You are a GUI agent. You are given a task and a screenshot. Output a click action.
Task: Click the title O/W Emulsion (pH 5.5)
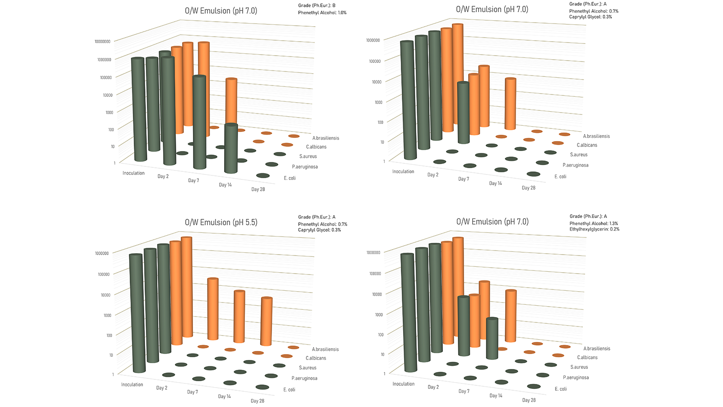[221, 222]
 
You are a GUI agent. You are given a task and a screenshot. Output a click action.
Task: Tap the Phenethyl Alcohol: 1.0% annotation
[322, 13]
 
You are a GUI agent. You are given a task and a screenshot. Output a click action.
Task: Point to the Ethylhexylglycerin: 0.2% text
[594, 229]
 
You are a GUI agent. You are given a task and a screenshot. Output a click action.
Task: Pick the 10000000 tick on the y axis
[102, 41]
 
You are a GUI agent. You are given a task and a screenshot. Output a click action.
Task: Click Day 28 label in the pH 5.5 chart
[257, 401]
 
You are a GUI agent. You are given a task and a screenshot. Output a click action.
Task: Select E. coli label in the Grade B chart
[290, 178]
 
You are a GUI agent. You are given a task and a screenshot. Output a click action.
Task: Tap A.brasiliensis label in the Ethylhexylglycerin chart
[597, 349]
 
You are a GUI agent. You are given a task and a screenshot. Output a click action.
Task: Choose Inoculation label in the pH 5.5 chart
[132, 384]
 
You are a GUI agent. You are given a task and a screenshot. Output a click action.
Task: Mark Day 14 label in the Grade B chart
[225, 185]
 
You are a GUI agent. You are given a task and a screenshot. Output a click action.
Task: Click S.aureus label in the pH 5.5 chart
[308, 368]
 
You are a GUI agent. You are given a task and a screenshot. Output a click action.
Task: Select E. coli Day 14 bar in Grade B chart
[231, 148]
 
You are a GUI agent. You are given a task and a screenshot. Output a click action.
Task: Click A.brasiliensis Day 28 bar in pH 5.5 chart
[266, 322]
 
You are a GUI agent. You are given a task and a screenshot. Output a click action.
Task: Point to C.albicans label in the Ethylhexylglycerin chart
[587, 357]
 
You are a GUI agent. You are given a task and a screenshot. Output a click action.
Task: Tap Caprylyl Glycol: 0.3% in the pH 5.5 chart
[319, 230]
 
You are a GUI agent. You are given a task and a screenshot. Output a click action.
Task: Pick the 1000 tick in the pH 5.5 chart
[108, 315]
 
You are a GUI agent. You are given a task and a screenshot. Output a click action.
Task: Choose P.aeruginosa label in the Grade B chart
[305, 167]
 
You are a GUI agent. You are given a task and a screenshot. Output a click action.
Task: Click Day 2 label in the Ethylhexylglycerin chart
[433, 387]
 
